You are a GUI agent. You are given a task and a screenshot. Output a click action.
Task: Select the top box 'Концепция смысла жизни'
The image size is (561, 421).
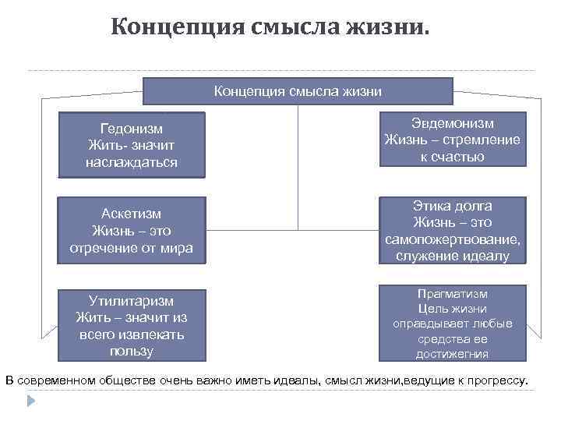[x=298, y=91]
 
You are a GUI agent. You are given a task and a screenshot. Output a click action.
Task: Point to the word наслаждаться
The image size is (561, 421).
[x=132, y=162]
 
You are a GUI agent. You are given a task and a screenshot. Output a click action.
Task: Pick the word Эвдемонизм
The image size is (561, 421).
[x=453, y=123]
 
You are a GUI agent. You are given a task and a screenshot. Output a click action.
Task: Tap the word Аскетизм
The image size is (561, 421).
[x=132, y=214]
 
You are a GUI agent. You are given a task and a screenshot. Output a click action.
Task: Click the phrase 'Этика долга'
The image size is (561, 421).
[x=453, y=206]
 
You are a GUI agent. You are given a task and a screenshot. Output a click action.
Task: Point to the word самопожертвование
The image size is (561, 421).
[x=453, y=239]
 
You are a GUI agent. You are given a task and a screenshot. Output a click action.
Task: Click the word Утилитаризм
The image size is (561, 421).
[x=132, y=301]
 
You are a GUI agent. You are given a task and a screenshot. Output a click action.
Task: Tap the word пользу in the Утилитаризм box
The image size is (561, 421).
[x=132, y=351]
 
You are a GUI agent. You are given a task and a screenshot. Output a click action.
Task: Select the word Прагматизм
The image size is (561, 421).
[x=453, y=294]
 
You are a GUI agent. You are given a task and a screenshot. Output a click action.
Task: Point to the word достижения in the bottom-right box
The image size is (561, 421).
[x=453, y=353]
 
